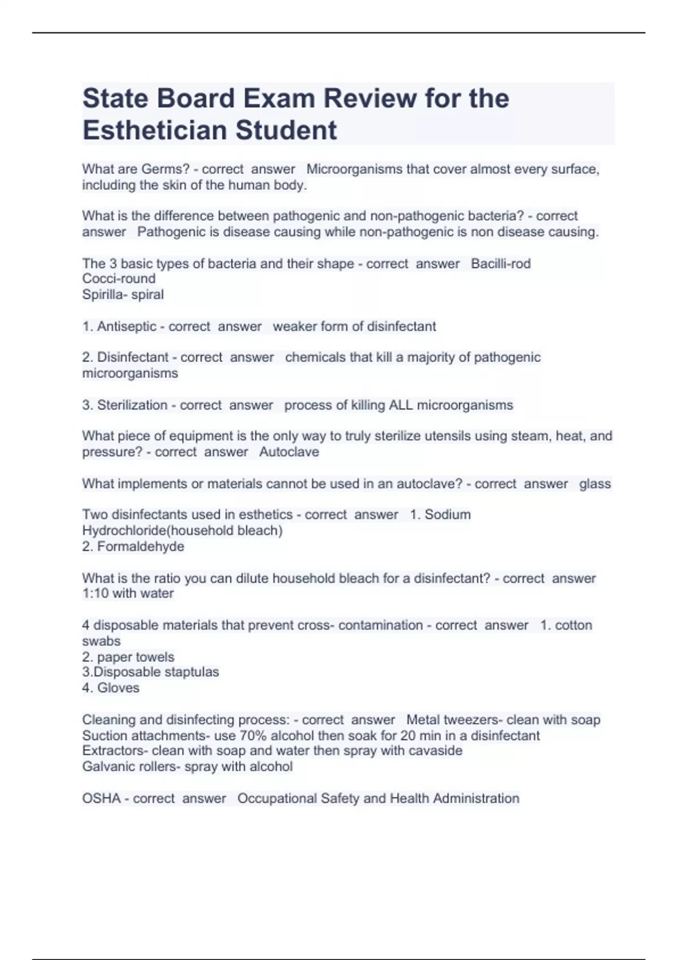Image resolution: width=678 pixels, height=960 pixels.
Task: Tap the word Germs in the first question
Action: (x=166, y=169)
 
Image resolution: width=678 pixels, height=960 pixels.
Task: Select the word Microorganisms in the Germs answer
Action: (x=354, y=169)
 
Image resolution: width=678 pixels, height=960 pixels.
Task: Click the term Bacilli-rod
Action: (x=501, y=264)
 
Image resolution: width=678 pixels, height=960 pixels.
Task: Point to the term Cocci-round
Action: (x=119, y=278)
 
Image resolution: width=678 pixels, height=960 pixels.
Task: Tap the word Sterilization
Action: (x=132, y=405)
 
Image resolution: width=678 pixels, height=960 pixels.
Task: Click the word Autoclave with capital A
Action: (x=289, y=452)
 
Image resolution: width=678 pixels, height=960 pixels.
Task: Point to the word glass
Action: (x=595, y=484)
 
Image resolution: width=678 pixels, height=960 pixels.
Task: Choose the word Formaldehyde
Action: (x=141, y=546)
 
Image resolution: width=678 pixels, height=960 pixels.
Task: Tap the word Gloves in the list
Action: (x=118, y=688)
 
